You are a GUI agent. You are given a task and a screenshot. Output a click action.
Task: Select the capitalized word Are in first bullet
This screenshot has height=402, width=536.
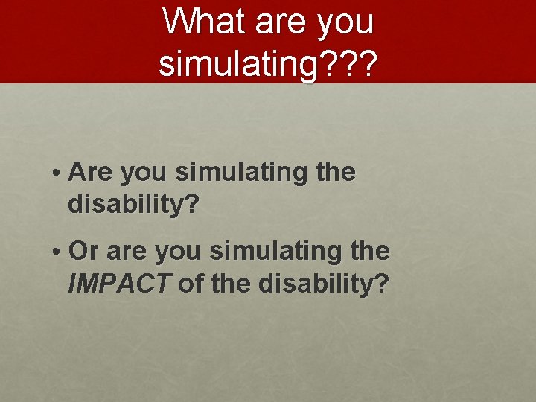pyautogui.click(x=89, y=173)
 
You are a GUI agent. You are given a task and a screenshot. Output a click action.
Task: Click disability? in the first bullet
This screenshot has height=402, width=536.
pyautogui.click(x=134, y=204)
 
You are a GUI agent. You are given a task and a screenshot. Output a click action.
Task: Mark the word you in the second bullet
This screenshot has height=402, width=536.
pyautogui.click(x=179, y=253)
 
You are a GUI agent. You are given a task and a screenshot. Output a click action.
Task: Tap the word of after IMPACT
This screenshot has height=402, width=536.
pyautogui.click(x=191, y=283)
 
